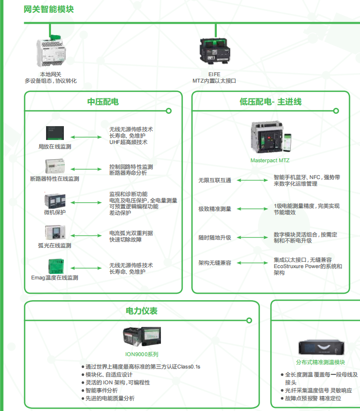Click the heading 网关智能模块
tap(49, 9)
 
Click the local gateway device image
tap(51, 51)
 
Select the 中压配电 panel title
tap(103, 102)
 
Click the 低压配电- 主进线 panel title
tap(270, 102)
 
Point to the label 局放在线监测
tap(55, 146)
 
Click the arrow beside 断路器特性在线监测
tap(86, 169)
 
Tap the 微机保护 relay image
tap(55, 201)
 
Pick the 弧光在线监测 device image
tap(55, 232)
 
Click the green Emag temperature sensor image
tap(56, 266)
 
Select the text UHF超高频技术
tap(128, 142)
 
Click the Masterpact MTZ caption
tap(270, 160)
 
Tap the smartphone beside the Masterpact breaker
tap(288, 142)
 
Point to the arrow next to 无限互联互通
tap(253, 181)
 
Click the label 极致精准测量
tap(215, 209)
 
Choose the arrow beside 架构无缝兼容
tap(253, 263)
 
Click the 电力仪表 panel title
tap(142, 311)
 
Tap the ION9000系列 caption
tap(142, 355)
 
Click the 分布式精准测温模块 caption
tap(320, 362)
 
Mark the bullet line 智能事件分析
tap(100, 391)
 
